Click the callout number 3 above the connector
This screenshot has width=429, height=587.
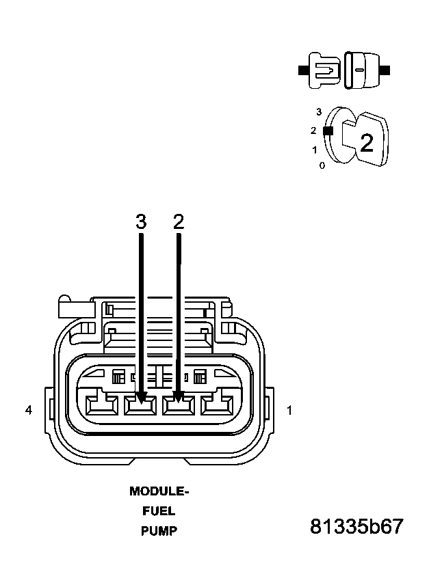click(141, 222)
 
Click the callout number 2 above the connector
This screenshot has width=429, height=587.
click(179, 222)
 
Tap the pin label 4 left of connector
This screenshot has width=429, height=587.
click(28, 410)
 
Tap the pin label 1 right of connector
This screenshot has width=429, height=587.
click(289, 410)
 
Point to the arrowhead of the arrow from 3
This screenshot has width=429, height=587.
click(141, 396)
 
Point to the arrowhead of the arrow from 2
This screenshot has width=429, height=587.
click(179, 396)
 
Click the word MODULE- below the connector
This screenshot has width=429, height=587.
click(159, 491)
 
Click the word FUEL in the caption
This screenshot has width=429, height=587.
click(159, 510)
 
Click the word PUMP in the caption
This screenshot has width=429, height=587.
click(159, 530)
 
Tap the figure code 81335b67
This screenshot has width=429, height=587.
click(356, 527)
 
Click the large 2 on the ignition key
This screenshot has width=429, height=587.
click(367, 143)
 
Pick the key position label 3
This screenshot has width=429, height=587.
click(319, 111)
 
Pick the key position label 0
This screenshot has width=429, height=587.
click(322, 165)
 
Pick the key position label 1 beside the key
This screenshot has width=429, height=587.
click(314, 150)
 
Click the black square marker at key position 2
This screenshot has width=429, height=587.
click(328, 130)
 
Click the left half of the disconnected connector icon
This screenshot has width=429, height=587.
click(325, 70)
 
